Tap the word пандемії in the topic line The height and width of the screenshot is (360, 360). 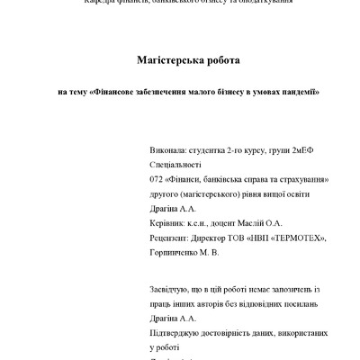298,92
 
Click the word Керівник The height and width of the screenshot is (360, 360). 170,222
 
